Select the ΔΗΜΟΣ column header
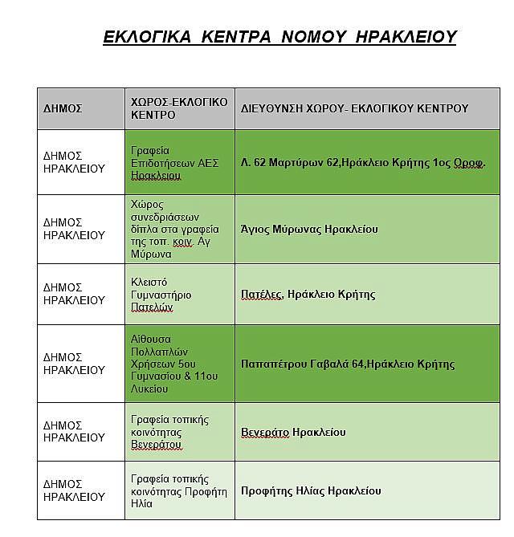63,108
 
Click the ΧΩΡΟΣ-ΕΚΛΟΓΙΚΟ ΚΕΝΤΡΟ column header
178,108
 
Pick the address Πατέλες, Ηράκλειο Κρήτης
308,294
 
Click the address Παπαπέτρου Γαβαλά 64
347,364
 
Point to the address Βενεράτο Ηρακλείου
293,432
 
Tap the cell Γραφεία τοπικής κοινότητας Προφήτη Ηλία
178,490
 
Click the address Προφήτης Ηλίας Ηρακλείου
311,490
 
